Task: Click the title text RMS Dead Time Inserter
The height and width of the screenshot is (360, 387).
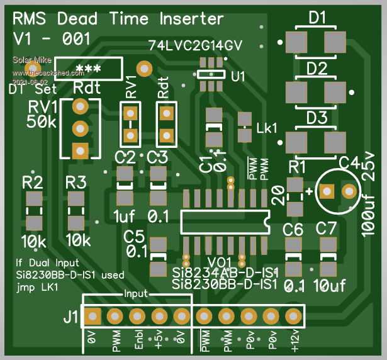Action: pyautogui.click(x=118, y=19)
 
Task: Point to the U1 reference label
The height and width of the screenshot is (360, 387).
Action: pyautogui.click(x=238, y=77)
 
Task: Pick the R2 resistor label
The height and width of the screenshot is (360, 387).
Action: pyautogui.click(x=33, y=183)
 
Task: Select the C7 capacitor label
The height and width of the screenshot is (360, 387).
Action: pyautogui.click(x=327, y=228)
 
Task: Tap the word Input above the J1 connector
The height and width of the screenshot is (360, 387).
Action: pyautogui.click(x=135, y=293)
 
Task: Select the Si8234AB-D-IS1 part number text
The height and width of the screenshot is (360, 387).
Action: pyautogui.click(x=225, y=273)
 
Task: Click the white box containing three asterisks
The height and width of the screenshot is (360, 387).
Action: pyautogui.click(x=88, y=67)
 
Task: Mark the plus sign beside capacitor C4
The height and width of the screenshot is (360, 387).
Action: pyautogui.click(x=309, y=190)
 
